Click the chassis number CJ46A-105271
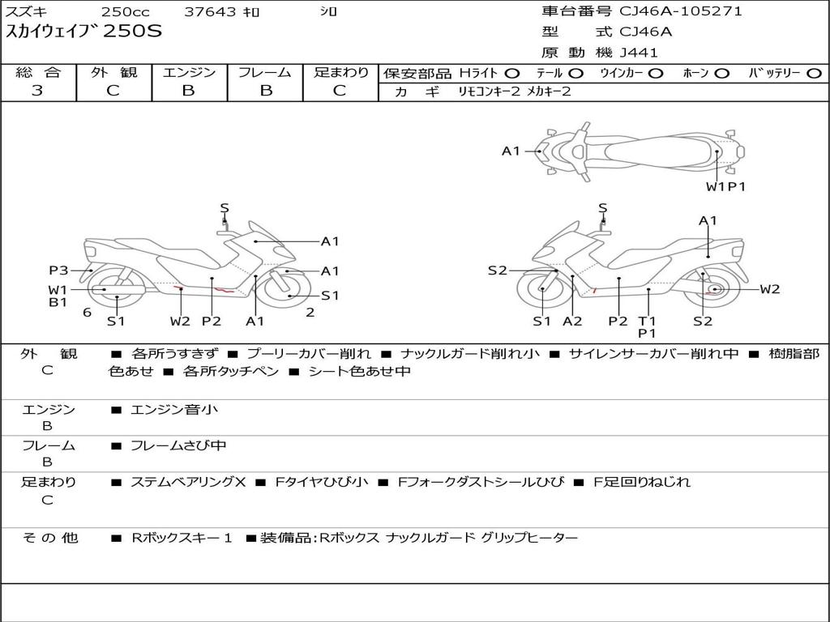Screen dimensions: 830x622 [x=681, y=11]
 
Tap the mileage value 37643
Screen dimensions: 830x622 [x=209, y=12]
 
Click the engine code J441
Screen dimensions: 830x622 [x=639, y=53]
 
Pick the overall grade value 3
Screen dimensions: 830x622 [x=37, y=91]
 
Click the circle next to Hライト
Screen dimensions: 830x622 [x=511, y=73]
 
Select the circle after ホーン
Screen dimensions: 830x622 [x=722, y=73]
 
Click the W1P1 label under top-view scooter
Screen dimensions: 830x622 [x=725, y=186]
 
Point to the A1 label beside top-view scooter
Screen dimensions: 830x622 [x=511, y=151]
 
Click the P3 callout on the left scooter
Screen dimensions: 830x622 [x=58, y=271]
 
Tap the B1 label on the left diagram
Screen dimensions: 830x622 [x=58, y=302]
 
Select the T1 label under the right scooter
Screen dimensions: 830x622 [x=647, y=321]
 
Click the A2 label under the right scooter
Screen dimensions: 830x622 [x=572, y=321]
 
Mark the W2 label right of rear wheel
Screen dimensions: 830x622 [x=769, y=289]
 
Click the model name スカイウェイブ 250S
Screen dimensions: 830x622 [x=84, y=32]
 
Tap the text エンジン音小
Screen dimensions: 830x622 [x=174, y=410]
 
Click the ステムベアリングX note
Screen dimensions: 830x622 [x=188, y=482]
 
